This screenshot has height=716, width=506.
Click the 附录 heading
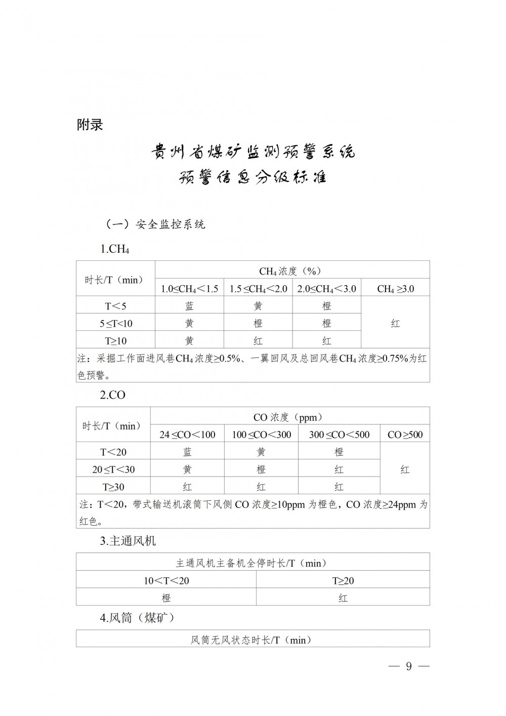pyautogui.click(x=90, y=125)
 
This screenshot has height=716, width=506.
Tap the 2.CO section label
pyautogui.click(x=112, y=395)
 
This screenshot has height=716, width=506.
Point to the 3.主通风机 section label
pyautogui.click(x=128, y=541)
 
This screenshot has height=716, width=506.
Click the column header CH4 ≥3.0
pyautogui.click(x=395, y=289)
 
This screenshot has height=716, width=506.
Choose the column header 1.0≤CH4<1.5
pyautogui.click(x=189, y=289)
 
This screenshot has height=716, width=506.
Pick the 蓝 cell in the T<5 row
pyautogui.click(x=189, y=306)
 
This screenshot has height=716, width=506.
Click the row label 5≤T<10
pyautogui.click(x=115, y=323)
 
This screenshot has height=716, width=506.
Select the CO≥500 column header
pyautogui.click(x=405, y=434)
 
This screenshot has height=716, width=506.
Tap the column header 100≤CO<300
pyautogui.click(x=261, y=434)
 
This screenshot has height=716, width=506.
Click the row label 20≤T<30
pyautogui.click(x=113, y=469)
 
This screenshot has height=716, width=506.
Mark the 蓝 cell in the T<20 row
pyautogui.click(x=187, y=452)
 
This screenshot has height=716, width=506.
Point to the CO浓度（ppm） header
pyautogui.click(x=287, y=417)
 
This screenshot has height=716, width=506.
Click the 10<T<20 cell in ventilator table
pyautogui.click(x=166, y=580)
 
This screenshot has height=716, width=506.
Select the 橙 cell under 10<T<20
pyautogui.click(x=166, y=598)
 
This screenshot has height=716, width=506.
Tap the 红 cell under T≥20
pyautogui.click(x=343, y=598)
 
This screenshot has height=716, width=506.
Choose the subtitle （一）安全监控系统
pyautogui.click(x=155, y=224)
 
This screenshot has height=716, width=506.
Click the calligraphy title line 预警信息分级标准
pyautogui.click(x=253, y=177)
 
